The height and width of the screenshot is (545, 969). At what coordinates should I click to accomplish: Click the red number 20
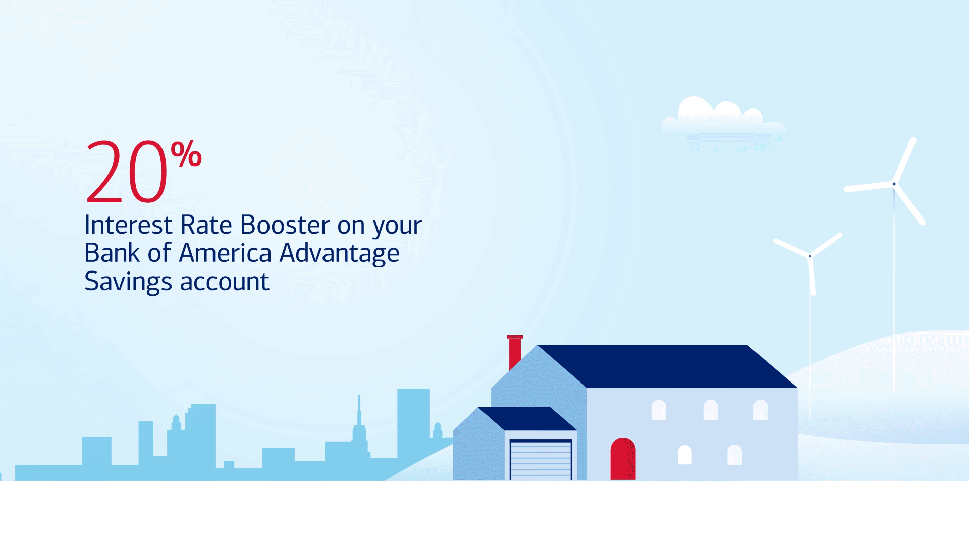pos(127,171)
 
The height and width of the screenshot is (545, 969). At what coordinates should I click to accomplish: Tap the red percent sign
pos(186,154)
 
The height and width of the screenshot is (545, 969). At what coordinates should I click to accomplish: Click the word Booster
pos(285,225)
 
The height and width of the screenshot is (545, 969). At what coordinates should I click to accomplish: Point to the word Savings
pos(128,282)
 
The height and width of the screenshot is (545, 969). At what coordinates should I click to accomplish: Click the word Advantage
pos(340,254)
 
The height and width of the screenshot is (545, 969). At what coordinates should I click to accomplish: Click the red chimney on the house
pos(515,351)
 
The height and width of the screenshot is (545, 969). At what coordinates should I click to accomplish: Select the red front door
pos(623,459)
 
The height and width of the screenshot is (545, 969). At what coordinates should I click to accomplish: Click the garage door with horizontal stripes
pos(541,460)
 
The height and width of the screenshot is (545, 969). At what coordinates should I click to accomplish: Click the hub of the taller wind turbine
pos(894,184)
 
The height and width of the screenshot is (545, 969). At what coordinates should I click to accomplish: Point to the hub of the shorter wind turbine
pos(810,256)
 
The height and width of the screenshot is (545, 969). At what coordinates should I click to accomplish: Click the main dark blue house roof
pos(667,366)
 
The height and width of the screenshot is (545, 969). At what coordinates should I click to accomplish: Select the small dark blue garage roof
pos(527,419)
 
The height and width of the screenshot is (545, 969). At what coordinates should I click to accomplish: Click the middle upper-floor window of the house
pos(710,410)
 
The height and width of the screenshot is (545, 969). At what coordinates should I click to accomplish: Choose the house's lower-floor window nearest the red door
pos(684,455)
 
